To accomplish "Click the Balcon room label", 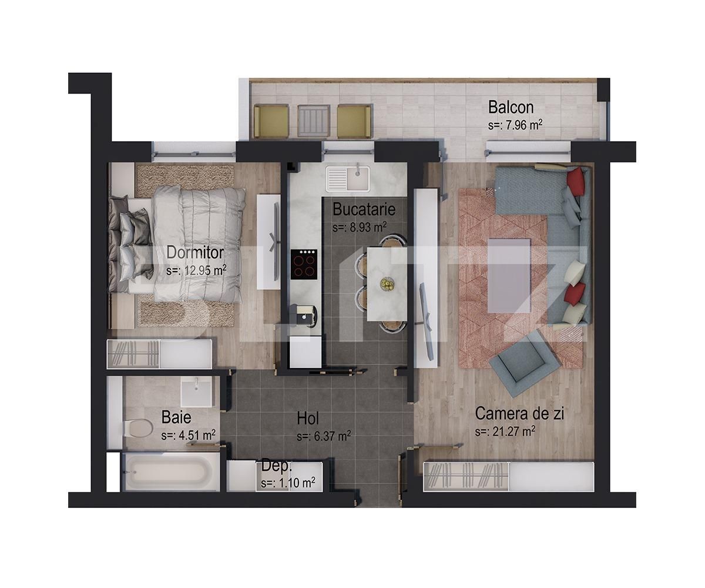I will pyautogui.click(x=511, y=107).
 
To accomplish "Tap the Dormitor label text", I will pyautogui.click(x=195, y=252).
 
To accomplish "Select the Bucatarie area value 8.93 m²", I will pyautogui.click(x=359, y=227).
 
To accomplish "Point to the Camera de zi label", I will pyautogui.click(x=519, y=413).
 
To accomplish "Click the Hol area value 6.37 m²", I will pyautogui.click(x=324, y=436).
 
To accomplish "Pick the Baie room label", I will pyautogui.click(x=176, y=417).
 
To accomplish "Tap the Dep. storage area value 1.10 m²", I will pyautogui.click(x=288, y=483).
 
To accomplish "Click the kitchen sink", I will pyautogui.click(x=348, y=177).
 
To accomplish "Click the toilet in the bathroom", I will pyautogui.click(x=137, y=427).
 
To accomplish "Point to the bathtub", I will pyautogui.click(x=166, y=472).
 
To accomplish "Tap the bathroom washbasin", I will pyautogui.click(x=196, y=391).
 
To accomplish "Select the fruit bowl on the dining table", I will pyautogui.click(x=387, y=284).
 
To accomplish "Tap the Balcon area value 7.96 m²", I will pyautogui.click(x=515, y=125).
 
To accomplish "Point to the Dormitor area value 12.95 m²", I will pyautogui.click(x=196, y=270).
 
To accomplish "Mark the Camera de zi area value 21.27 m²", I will pyautogui.click(x=505, y=432).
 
